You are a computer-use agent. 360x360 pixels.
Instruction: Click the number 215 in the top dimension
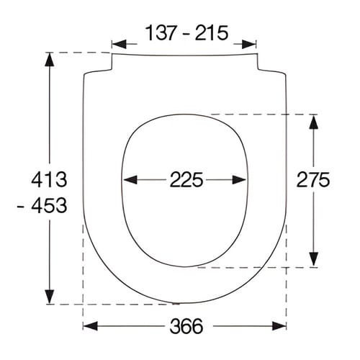(212, 33)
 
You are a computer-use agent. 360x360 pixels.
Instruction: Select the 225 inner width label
(186, 180)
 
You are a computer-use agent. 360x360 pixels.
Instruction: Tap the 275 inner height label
(313, 180)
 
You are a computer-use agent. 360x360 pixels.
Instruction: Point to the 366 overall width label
(186, 326)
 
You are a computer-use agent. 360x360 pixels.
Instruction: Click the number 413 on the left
(49, 180)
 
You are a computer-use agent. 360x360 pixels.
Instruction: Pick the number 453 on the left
(49, 205)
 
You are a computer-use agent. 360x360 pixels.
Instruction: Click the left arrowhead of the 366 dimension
(90, 326)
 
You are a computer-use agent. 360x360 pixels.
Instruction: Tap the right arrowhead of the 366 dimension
(279, 326)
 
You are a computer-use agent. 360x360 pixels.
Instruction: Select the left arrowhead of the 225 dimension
(130, 180)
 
